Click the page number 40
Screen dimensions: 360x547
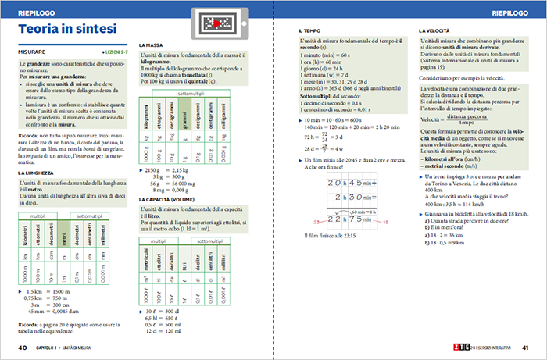(23, 348)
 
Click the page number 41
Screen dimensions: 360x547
(525, 348)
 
